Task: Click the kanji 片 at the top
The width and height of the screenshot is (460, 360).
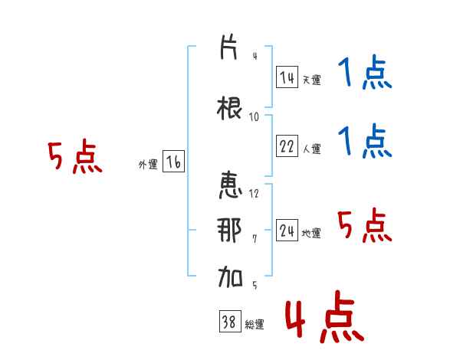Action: (228, 47)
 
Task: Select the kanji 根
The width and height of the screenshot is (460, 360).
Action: (229, 108)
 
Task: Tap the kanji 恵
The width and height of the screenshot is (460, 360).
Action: (230, 185)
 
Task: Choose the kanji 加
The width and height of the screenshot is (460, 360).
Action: (230, 277)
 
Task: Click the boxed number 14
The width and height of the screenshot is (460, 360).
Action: (287, 77)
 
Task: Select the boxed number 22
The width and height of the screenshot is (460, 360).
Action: (287, 146)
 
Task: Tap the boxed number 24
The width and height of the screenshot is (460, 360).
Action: (287, 230)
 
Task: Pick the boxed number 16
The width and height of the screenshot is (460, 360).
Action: (173, 162)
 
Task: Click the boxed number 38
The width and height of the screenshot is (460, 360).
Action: (230, 321)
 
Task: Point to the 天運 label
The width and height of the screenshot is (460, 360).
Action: (311, 80)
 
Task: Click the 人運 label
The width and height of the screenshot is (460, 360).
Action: (312, 149)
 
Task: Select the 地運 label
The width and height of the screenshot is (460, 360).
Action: (311, 233)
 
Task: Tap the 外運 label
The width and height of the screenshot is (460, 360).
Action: (148, 165)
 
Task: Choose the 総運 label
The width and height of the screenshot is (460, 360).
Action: (255, 324)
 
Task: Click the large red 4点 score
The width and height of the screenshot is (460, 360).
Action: (325, 316)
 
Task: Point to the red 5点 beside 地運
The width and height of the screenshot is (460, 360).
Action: (365, 225)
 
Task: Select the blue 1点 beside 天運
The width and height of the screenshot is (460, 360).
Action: (365, 72)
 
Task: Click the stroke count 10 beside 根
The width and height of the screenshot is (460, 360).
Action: (254, 117)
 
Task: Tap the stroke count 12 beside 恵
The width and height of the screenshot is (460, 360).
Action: (254, 193)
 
